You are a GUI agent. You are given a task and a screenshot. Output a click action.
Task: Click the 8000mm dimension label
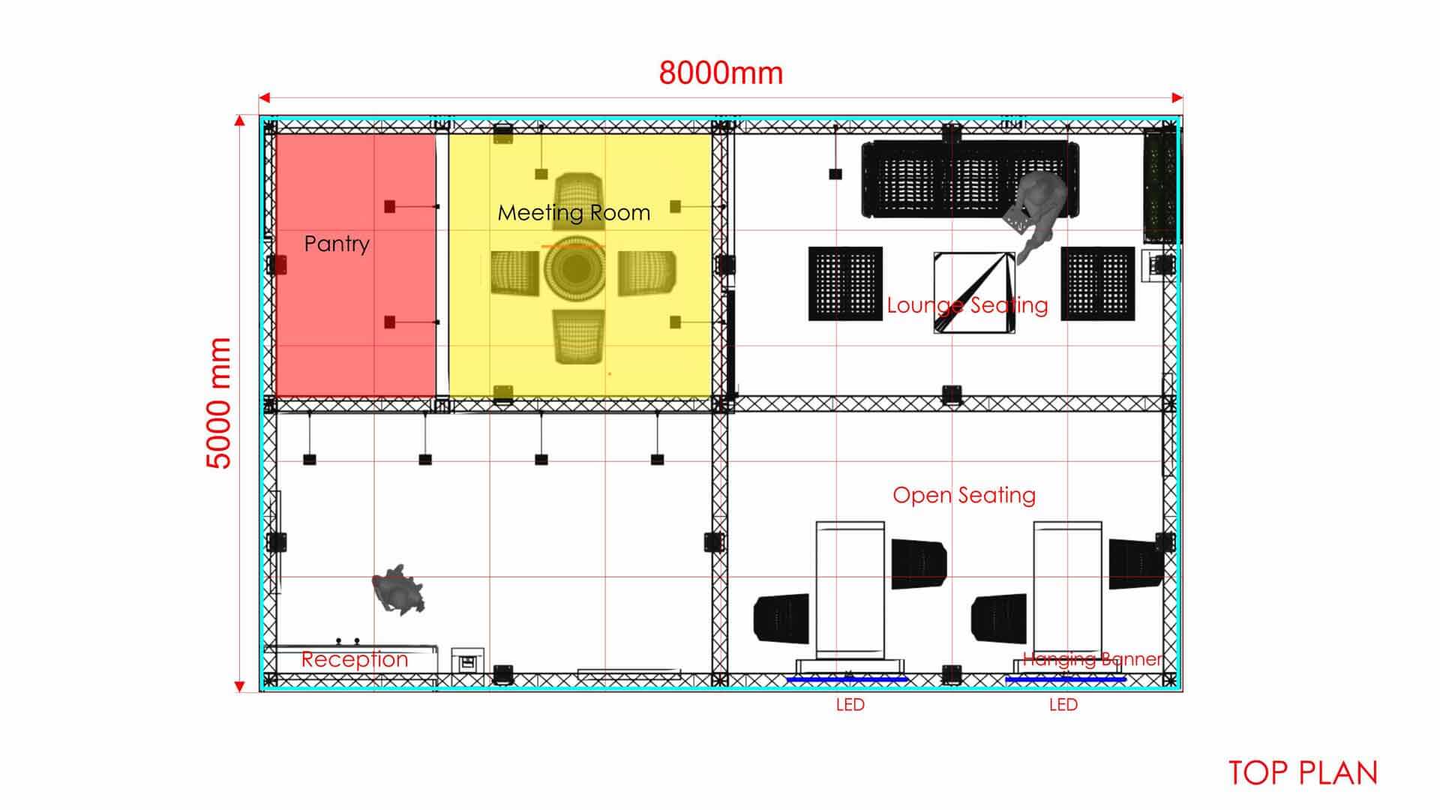(721, 73)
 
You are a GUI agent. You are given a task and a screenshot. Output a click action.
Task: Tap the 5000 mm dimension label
(218, 403)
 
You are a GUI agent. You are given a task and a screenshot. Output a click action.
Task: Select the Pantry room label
(337, 244)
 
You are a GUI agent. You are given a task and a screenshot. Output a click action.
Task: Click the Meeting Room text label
(574, 213)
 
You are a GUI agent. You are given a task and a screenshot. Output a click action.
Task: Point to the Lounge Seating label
(967, 305)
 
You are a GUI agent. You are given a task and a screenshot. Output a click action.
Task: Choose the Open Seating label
(964, 495)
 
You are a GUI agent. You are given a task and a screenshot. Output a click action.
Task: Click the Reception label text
(354, 659)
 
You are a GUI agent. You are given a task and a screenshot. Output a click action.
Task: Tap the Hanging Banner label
(1092, 659)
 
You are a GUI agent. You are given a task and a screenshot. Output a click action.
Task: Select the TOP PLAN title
(1303, 773)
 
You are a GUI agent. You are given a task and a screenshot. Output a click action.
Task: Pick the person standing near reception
(397, 590)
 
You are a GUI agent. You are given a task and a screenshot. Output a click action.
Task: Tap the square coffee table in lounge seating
(973, 292)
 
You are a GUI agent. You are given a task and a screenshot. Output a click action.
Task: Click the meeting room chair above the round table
(578, 196)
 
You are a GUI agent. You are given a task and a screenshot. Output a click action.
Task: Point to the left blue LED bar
(847, 679)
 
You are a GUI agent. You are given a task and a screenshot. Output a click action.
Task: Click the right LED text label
(1063, 705)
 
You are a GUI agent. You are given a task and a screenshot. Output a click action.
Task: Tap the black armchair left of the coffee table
(845, 283)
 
